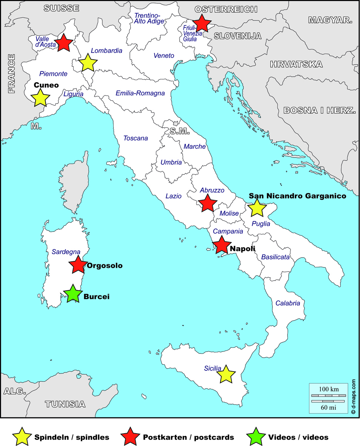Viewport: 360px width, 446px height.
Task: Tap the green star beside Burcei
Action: (x=72, y=294)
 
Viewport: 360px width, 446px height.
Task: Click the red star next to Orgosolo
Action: (x=78, y=265)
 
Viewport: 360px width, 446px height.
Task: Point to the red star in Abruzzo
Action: (x=207, y=203)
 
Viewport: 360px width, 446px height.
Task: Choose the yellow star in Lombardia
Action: (x=88, y=63)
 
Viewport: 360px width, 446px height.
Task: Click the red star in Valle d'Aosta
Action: (x=64, y=43)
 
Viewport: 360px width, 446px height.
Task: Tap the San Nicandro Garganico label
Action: (x=297, y=196)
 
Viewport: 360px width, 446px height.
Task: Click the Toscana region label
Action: (x=135, y=138)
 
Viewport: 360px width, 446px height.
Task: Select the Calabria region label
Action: (x=288, y=303)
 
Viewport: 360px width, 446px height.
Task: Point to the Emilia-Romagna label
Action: (x=140, y=93)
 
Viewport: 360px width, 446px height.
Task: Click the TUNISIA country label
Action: (x=65, y=404)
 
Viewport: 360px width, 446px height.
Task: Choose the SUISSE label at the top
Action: (x=61, y=8)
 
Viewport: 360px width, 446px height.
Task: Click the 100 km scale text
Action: (x=329, y=389)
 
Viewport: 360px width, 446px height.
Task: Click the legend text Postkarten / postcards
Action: (x=189, y=437)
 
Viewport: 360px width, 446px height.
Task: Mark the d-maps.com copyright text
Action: (x=354, y=397)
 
